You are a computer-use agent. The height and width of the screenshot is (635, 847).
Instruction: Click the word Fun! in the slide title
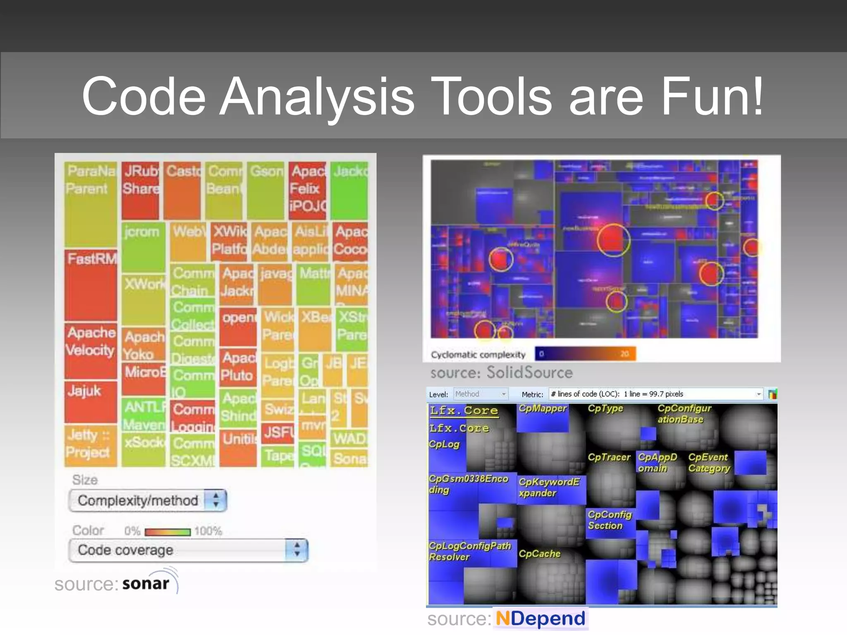pos(711,96)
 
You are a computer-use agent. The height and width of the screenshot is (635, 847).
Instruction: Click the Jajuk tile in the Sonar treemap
pos(91,401)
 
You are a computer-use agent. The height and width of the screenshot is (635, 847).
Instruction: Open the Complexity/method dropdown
pos(148,501)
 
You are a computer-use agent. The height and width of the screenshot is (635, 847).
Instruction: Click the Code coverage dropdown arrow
pos(297,550)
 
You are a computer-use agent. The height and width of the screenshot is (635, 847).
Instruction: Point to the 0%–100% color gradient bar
pos(167,532)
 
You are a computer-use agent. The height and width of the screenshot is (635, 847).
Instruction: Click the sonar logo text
pos(146,583)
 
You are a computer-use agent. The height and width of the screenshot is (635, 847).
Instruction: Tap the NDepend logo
pos(540,619)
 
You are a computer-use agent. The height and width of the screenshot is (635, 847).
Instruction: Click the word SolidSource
pos(529,372)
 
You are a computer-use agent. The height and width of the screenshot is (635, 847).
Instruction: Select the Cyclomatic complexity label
pos(478,355)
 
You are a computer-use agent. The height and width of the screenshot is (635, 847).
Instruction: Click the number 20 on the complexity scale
pos(624,354)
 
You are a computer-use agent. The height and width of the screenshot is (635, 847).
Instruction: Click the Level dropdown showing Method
pos(481,394)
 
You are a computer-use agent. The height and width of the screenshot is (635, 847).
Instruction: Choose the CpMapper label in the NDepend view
pos(543,408)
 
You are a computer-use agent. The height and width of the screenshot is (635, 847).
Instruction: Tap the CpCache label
pos(539,554)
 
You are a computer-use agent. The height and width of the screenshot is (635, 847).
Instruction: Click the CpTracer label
pos(609,457)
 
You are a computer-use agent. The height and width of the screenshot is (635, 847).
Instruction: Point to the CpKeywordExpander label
pos(549,487)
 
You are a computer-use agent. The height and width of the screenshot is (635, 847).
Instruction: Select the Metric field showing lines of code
pos(656,394)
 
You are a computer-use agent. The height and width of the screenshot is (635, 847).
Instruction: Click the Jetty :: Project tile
pos(89,444)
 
